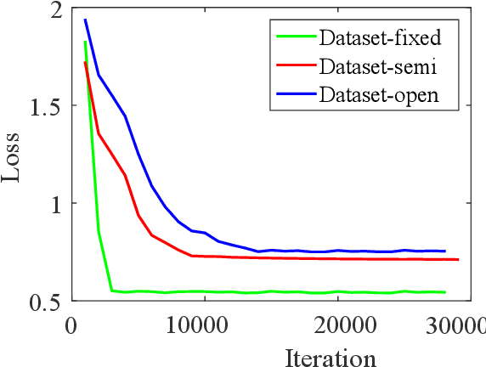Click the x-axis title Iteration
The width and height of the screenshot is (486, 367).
pyautogui.click(x=331, y=356)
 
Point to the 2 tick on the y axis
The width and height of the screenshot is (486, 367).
pyautogui.click(x=56, y=10)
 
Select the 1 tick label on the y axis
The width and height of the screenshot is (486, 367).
pyautogui.click(x=56, y=204)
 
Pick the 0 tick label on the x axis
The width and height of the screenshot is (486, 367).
pyautogui.click(x=72, y=325)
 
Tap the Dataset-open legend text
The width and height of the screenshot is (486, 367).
pyautogui.click(x=379, y=93)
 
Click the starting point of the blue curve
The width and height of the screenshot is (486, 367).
pyautogui.click(x=85, y=20)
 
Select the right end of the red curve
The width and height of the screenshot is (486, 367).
pyautogui.click(x=458, y=259)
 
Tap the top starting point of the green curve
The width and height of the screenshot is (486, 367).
pyautogui.click(x=85, y=42)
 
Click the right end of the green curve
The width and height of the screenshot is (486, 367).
pyautogui.click(x=445, y=292)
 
